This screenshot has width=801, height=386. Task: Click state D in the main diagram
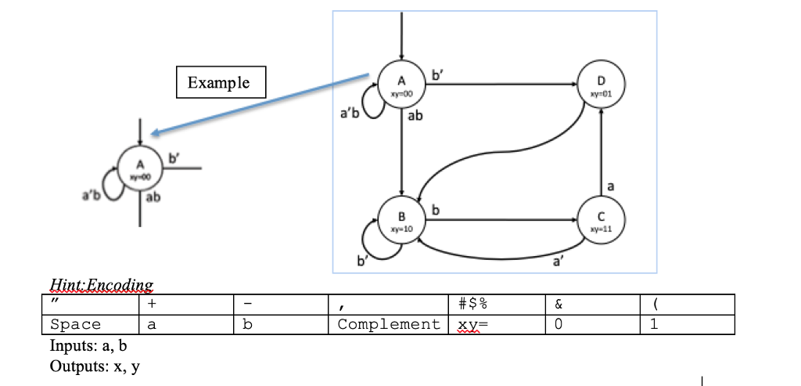(601, 85)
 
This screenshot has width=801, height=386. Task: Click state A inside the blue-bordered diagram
(402, 85)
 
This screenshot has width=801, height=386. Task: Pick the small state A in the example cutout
(140, 168)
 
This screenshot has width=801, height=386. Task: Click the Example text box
(222, 82)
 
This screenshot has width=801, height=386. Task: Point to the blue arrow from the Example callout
(258, 103)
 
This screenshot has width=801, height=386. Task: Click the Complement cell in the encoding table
(388, 324)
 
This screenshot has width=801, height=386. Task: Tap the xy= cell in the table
(470, 324)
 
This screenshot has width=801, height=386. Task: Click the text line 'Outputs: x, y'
(95, 365)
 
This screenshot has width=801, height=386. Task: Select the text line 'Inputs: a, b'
(88, 345)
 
